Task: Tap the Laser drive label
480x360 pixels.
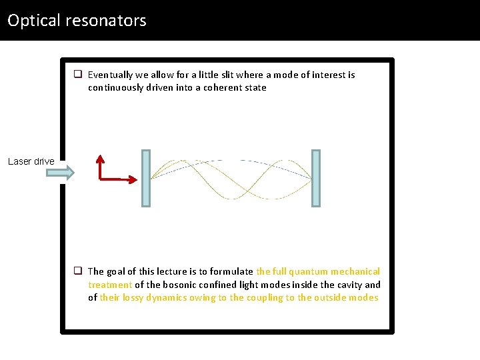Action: tap(31, 161)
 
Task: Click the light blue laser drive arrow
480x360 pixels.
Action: tap(61, 173)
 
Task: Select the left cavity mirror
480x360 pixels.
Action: tap(146, 178)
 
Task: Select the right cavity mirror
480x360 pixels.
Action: tap(316, 178)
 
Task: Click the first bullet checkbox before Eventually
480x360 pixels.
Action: tap(78, 75)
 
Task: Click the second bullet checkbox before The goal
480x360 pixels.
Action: tap(78, 271)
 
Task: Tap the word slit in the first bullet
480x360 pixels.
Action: tap(224, 75)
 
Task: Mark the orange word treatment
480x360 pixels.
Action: tap(110, 285)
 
